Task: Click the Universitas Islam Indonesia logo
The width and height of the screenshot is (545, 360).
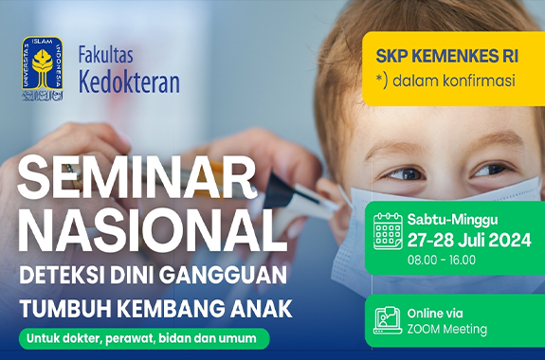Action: (43, 69)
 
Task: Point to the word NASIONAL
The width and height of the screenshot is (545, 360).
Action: (152, 227)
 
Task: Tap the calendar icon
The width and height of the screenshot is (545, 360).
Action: (388, 230)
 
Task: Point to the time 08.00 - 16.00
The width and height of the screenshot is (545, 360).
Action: (442, 260)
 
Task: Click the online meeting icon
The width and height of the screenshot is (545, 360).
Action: (388, 320)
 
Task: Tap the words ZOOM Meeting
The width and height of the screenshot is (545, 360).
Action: (446, 330)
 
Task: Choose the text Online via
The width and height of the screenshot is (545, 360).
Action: (437, 312)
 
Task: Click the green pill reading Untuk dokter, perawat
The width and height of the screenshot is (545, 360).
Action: (142, 337)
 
